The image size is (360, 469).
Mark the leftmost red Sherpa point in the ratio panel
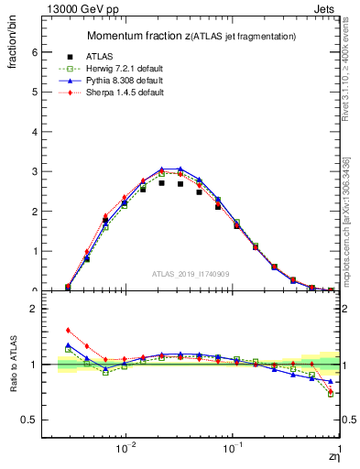pos(68,331)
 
